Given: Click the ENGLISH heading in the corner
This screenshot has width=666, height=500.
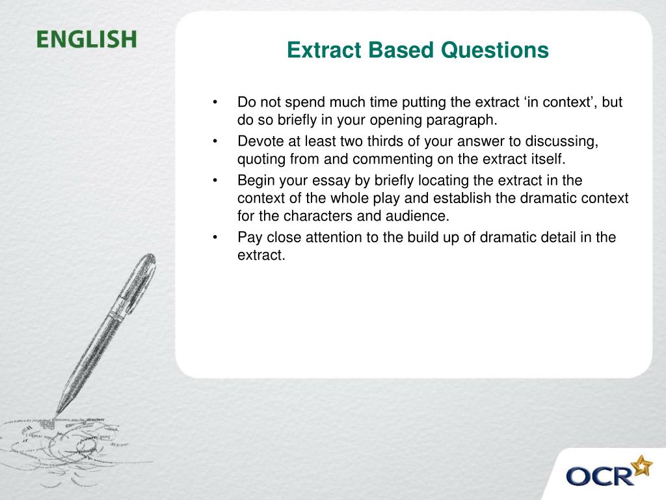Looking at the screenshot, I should [x=87, y=39].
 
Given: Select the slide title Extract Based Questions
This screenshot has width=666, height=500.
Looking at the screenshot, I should [x=418, y=50].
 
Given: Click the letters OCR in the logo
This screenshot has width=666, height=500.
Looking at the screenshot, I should [x=600, y=475].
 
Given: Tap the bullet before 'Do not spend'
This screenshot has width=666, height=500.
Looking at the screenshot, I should [x=215, y=103].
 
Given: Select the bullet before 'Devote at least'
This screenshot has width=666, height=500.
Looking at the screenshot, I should [x=215, y=141].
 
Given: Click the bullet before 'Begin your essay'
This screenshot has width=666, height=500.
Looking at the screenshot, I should [x=215, y=180].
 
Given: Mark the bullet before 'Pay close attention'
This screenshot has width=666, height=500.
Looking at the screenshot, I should [x=215, y=238].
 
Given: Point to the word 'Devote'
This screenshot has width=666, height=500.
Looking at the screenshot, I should [x=258, y=141].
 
